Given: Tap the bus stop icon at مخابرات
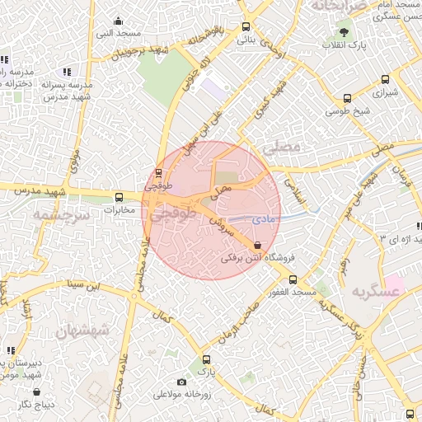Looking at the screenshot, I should click(120, 197).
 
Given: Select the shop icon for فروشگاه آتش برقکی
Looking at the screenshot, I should click(259, 245).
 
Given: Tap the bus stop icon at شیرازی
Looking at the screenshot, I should click(385, 80).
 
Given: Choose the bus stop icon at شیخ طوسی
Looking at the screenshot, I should click(347, 99).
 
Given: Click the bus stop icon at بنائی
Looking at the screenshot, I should click(246, 26).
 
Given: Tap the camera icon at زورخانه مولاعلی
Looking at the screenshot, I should click(181, 382).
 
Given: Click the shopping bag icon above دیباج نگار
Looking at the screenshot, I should click(37, 392).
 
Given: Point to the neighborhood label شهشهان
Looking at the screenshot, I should click(82, 331).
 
